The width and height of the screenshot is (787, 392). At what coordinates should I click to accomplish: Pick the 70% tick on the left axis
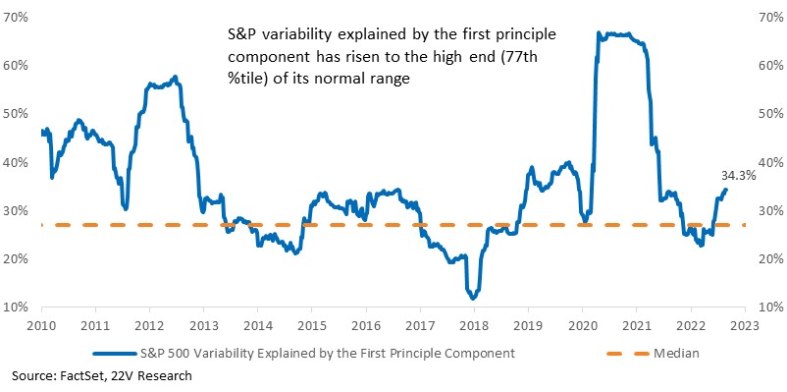[16, 17]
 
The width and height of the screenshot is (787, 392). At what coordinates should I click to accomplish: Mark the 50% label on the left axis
[16, 114]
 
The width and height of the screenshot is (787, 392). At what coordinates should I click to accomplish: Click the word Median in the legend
[676, 354]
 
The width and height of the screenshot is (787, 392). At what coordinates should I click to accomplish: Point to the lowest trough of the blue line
[472, 299]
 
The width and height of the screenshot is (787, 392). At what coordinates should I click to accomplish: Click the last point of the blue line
[726, 190]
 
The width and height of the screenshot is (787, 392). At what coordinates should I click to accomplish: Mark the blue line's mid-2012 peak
[175, 77]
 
